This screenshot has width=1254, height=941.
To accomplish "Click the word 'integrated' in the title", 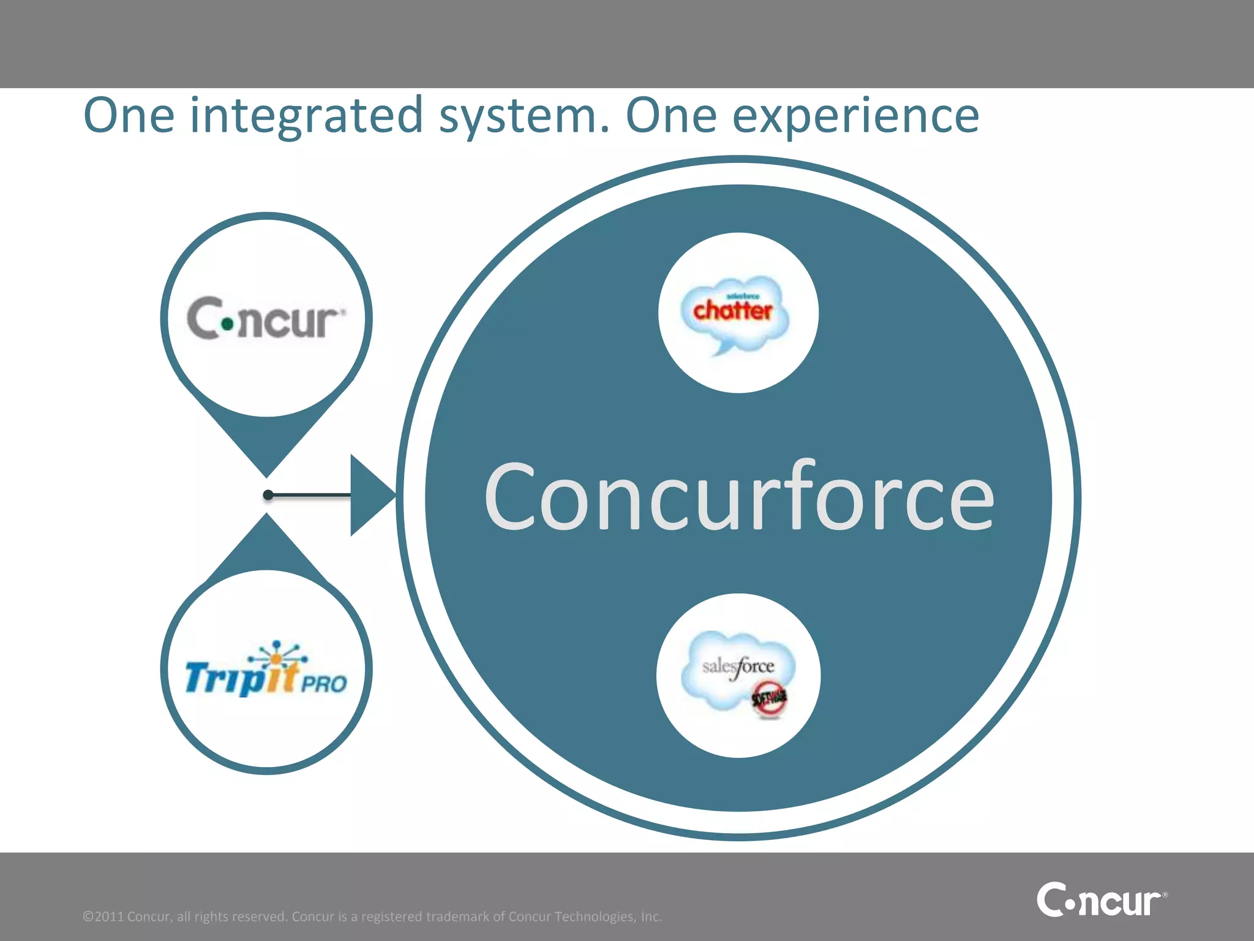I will click(x=306, y=116).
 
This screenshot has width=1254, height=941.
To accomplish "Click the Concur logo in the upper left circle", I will click(x=266, y=319).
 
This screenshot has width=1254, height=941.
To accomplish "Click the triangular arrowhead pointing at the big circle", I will click(x=370, y=495).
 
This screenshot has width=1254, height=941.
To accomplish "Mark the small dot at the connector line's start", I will click(x=268, y=494).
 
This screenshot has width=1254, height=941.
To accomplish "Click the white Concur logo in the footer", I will click(x=1101, y=900).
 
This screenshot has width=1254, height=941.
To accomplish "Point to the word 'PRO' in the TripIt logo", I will click(x=324, y=683).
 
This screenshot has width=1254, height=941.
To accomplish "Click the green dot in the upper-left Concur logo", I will click(x=228, y=323).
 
